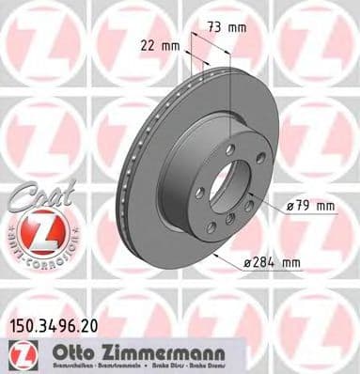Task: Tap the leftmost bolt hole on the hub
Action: (198, 193)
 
